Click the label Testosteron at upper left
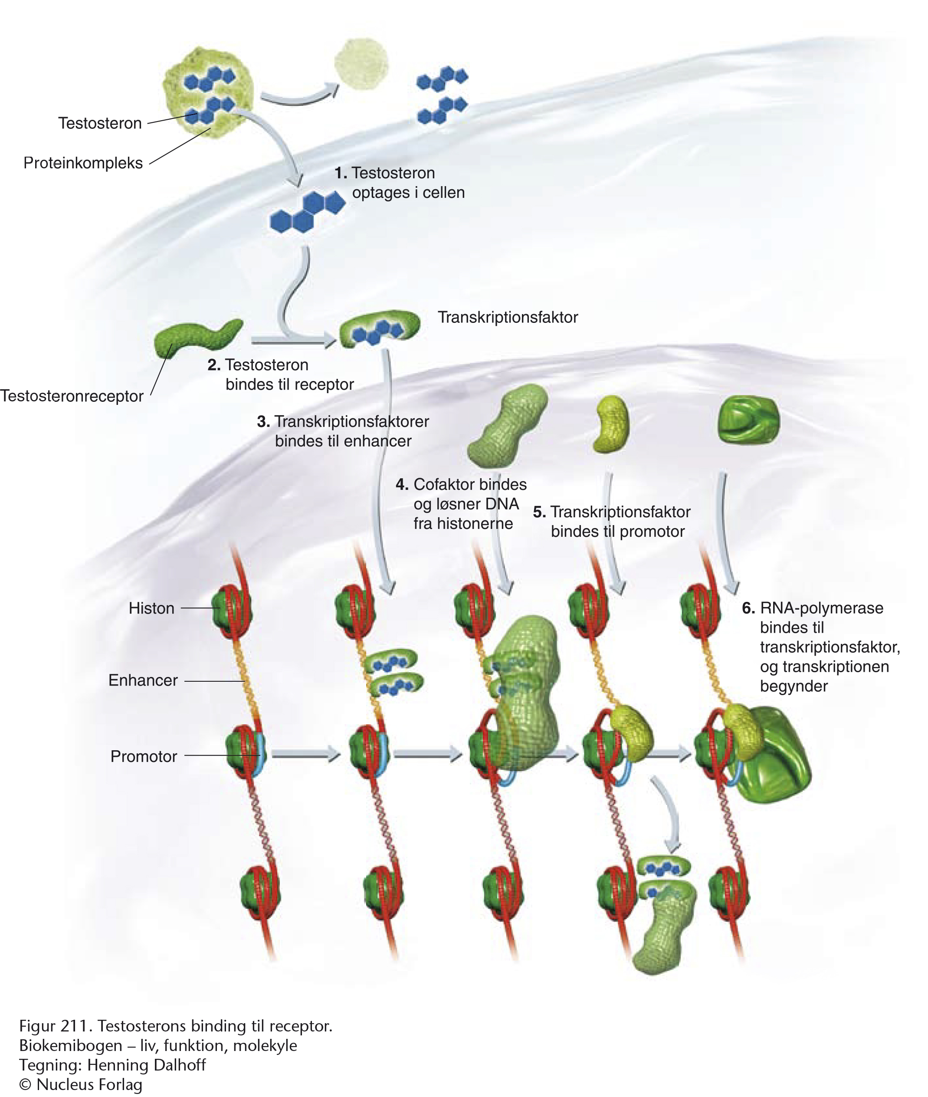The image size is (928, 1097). coord(100,123)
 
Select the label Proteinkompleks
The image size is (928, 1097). coord(83,163)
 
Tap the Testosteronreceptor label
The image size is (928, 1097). coord(72,396)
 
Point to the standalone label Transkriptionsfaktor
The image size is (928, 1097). coord(508,317)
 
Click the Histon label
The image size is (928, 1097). coord(151,608)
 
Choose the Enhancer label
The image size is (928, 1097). coord(143,680)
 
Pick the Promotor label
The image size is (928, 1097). coord(144,757)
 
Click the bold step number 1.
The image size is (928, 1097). coord(341,173)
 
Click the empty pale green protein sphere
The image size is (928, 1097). coord(361,65)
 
